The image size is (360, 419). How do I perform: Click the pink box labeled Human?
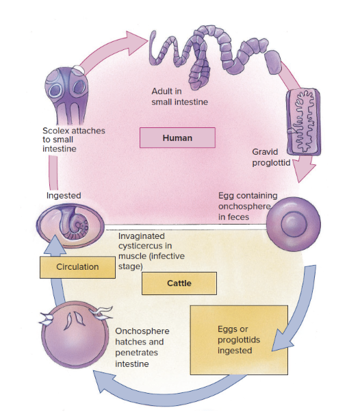pos(177,138)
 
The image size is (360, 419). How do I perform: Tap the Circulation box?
pos(77,267)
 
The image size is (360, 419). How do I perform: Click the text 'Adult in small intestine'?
pos(179,97)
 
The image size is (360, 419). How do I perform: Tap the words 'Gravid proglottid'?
pos(272,157)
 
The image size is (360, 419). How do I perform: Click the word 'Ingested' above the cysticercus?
pos(64,195)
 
